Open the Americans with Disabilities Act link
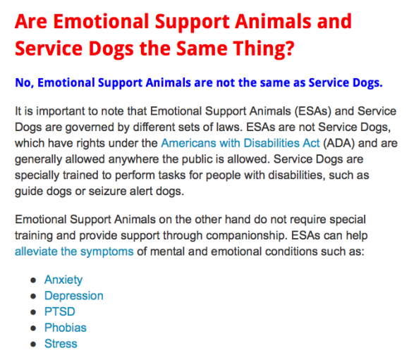tap(240, 143)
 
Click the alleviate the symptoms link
tap(74, 252)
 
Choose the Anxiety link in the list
tap(63, 280)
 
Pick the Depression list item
tap(74, 296)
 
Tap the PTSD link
tap(60, 312)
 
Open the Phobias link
tap(65, 328)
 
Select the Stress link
tap(61, 344)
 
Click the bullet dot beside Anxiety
tap(33, 280)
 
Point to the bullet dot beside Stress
tap(33, 345)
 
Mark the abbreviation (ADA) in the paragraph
tap(338, 144)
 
